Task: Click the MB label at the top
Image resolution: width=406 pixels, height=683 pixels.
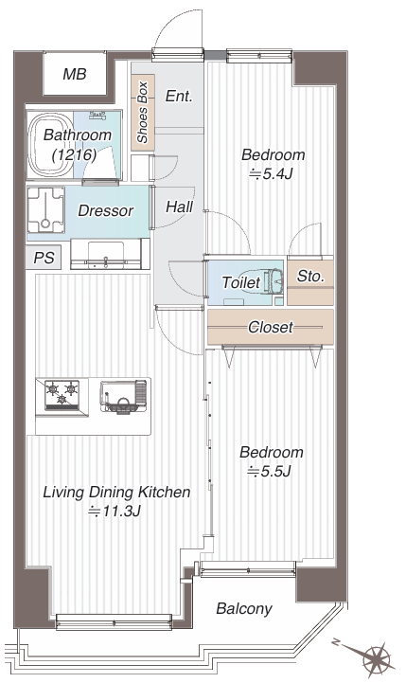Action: pyautogui.click(x=75, y=74)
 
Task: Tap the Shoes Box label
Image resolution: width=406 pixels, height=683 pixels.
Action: pyautogui.click(x=142, y=112)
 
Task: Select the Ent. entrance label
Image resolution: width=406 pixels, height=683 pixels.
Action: pyautogui.click(x=179, y=96)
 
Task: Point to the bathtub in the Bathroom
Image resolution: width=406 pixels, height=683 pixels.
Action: pyautogui.click(x=50, y=146)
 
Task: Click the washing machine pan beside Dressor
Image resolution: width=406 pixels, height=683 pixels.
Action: pyautogui.click(x=45, y=210)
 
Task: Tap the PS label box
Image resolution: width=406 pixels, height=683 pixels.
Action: pyautogui.click(x=44, y=258)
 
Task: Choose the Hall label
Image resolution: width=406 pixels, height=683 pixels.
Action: pyautogui.click(x=179, y=207)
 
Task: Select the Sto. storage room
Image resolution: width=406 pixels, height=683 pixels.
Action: pyautogui.click(x=310, y=282)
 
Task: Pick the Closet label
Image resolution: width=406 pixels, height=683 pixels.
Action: pyautogui.click(x=271, y=327)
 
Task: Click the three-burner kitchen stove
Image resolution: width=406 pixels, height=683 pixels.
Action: pyautogui.click(x=62, y=396)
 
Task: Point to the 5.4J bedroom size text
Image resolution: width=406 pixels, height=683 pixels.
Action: pyautogui.click(x=271, y=174)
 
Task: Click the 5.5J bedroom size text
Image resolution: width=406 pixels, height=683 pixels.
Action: pyautogui.click(x=269, y=472)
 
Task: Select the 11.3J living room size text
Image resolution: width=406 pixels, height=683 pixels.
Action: pyautogui.click(x=114, y=511)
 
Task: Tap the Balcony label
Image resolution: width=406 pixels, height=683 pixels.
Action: pyautogui.click(x=244, y=608)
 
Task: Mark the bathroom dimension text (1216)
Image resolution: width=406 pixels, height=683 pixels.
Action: pyautogui.click(x=74, y=154)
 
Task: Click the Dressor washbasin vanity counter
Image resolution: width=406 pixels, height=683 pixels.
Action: pyautogui.click(x=106, y=254)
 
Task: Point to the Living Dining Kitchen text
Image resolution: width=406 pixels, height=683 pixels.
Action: pyautogui.click(x=116, y=493)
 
